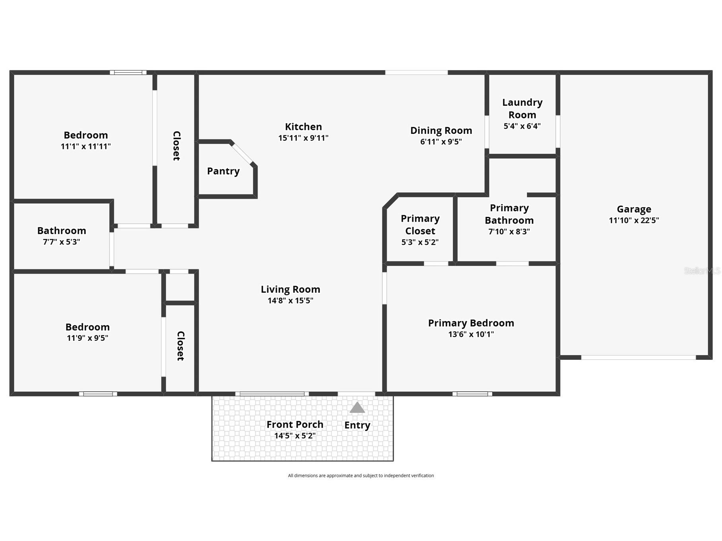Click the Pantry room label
click(223, 171)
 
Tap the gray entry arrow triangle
click(357, 408)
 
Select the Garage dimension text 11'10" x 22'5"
click(634, 220)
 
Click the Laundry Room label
click(522, 108)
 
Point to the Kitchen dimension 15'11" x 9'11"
click(303, 138)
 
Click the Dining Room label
click(441, 130)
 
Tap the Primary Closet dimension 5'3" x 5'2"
click(420, 242)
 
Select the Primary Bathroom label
click(509, 214)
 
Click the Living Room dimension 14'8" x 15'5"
click(290, 301)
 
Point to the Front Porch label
click(295, 425)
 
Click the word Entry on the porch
click(357, 425)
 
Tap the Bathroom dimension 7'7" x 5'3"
click(62, 242)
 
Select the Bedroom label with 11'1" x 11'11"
click(85, 135)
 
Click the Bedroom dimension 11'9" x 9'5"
click(87, 338)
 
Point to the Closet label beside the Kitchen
click(177, 146)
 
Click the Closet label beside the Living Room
click(180, 346)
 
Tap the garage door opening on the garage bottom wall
click(638, 357)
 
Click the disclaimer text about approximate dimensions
click(361, 475)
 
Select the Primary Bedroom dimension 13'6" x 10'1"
click(471, 334)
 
